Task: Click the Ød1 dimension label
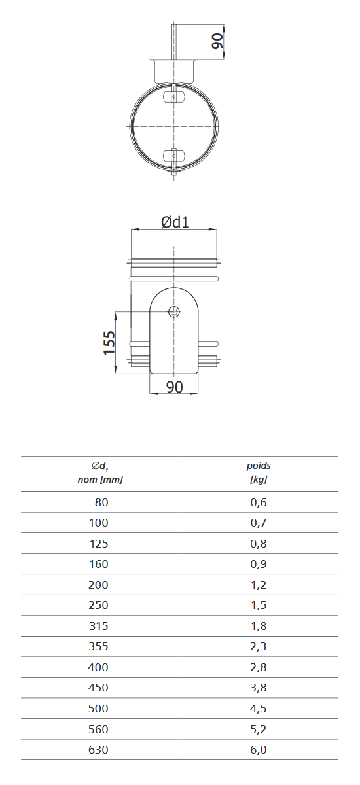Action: click(175, 222)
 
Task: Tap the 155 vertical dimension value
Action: click(109, 342)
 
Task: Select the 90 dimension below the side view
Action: click(174, 387)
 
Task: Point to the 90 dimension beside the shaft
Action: click(217, 41)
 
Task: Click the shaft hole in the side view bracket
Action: click(174, 311)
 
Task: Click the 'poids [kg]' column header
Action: click(259, 473)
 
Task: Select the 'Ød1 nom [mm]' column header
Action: click(100, 473)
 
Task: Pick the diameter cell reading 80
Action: click(101, 502)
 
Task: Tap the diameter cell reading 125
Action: click(98, 544)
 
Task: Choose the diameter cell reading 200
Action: click(98, 585)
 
